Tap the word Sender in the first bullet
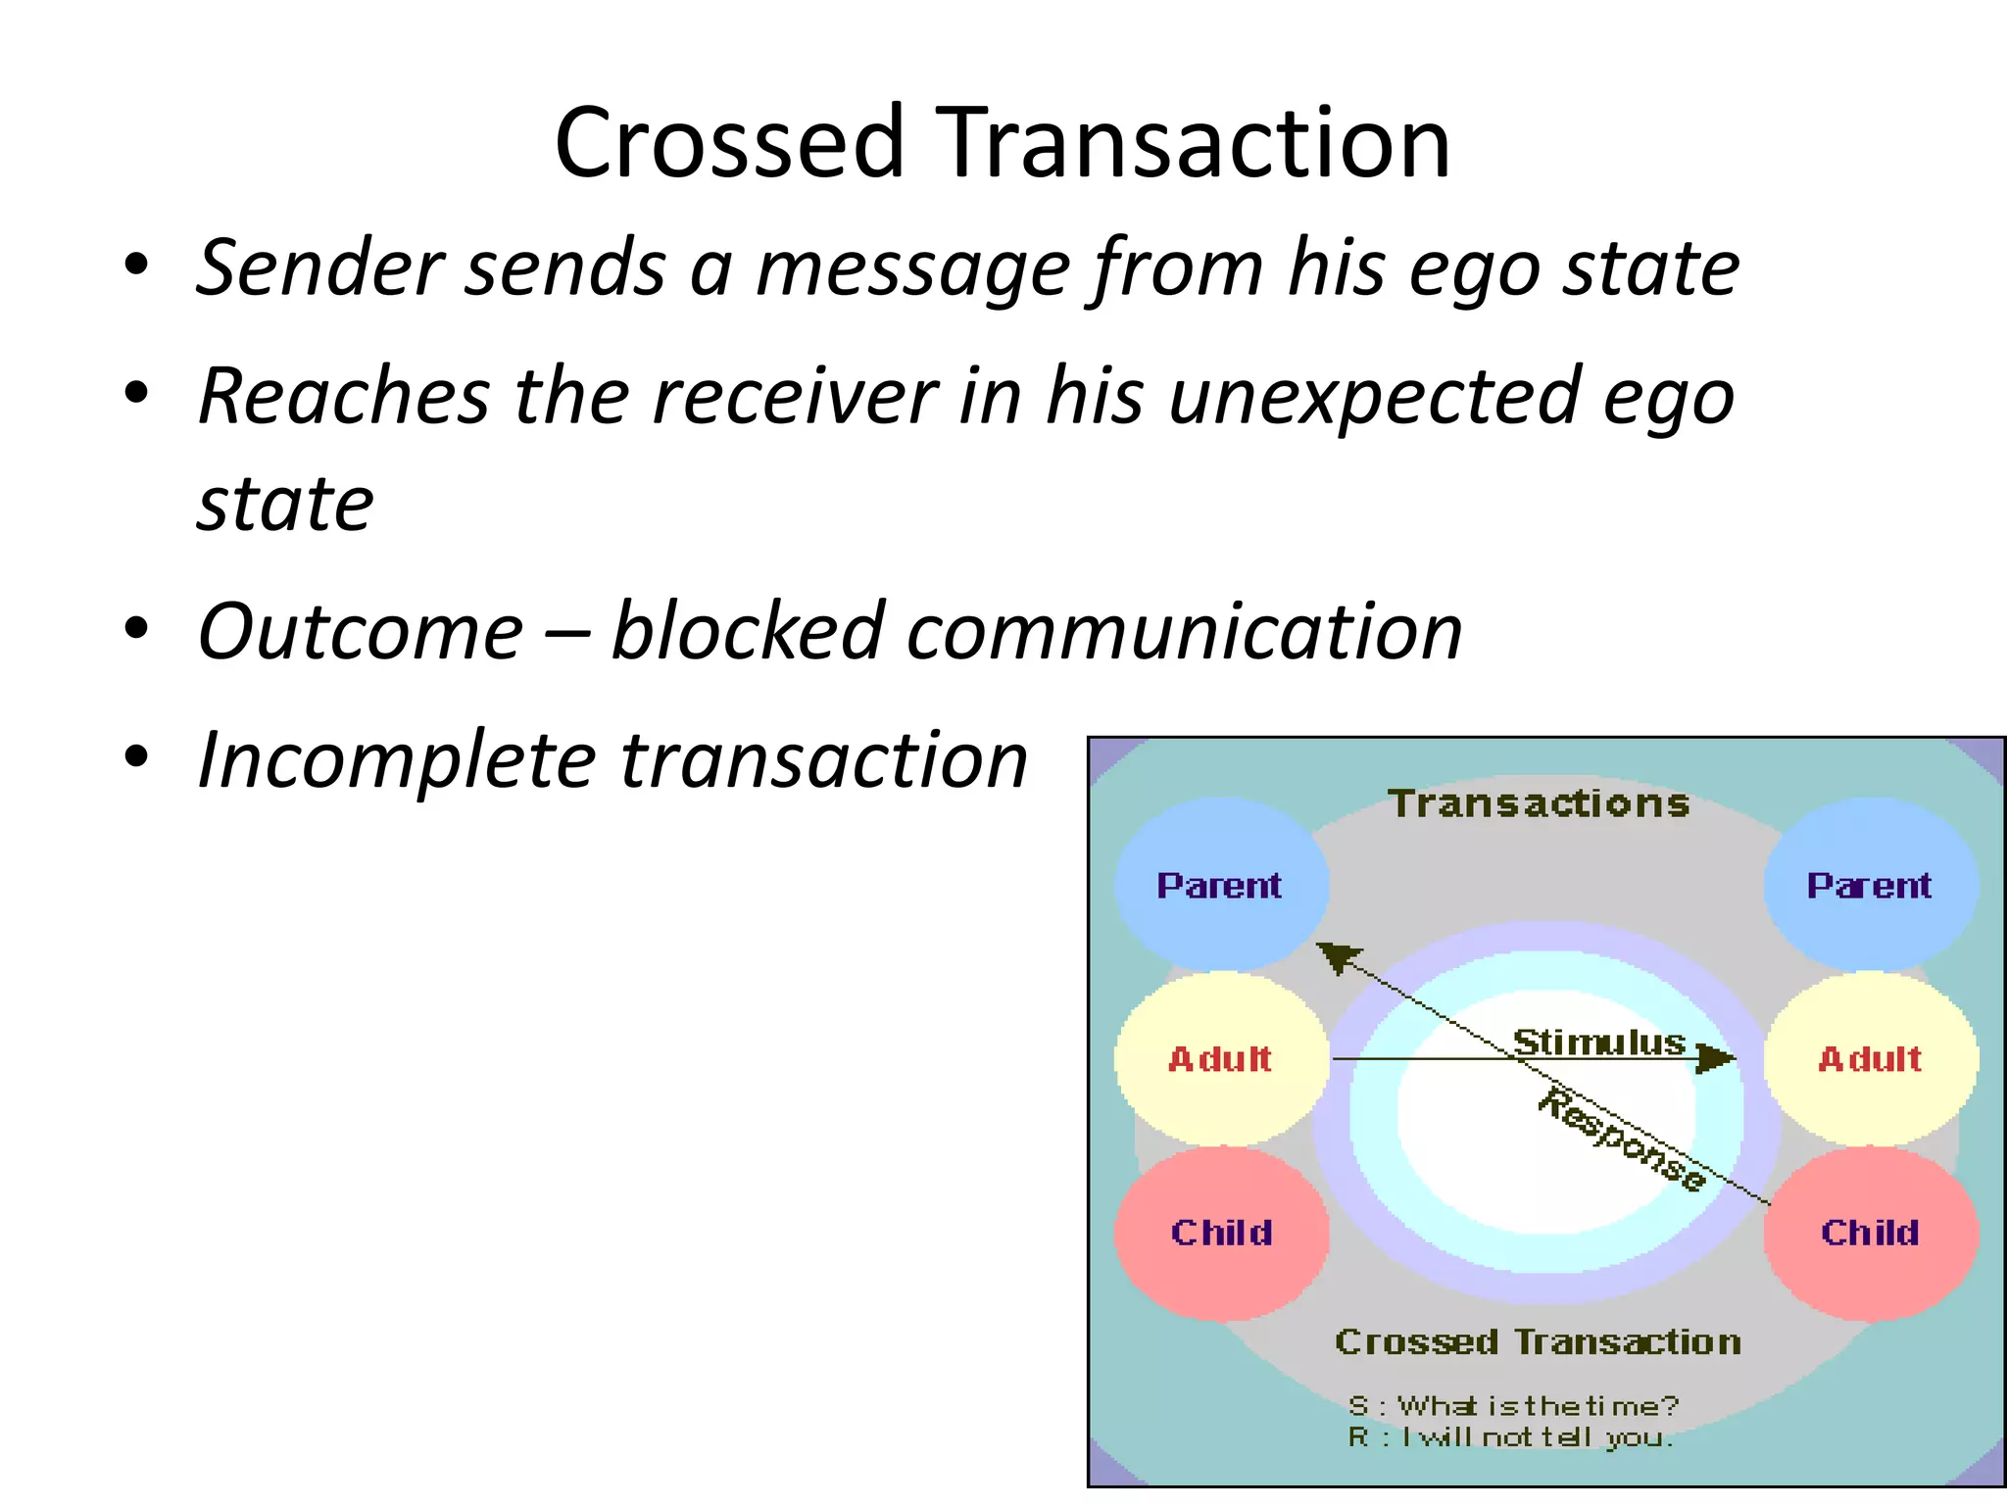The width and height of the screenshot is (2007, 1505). tap(319, 267)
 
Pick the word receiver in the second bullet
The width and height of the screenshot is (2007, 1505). tap(794, 397)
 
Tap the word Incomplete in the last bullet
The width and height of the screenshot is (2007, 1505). tap(396, 761)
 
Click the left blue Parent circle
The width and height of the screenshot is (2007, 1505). tap(1221, 885)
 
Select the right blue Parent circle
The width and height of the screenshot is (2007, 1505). tap(1870, 885)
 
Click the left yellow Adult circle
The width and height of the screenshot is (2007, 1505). tap(1221, 1058)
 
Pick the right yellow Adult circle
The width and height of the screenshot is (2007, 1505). tap(1870, 1058)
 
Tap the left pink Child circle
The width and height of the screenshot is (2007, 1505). tap(1221, 1232)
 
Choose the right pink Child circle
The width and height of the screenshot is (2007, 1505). tap(1870, 1232)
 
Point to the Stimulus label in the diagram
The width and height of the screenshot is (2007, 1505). tap(1599, 1042)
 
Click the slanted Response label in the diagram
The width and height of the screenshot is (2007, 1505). tap(1621, 1140)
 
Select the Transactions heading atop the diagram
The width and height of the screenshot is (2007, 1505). tap(1540, 803)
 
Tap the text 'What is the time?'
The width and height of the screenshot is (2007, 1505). tap(1538, 1406)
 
